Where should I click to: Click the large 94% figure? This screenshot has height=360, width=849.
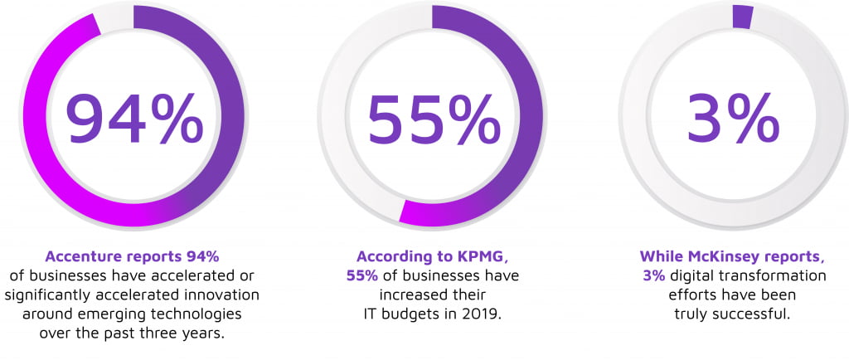[133, 118]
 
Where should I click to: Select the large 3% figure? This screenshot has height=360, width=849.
[733, 118]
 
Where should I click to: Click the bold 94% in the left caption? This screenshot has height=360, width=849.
[200, 255]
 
